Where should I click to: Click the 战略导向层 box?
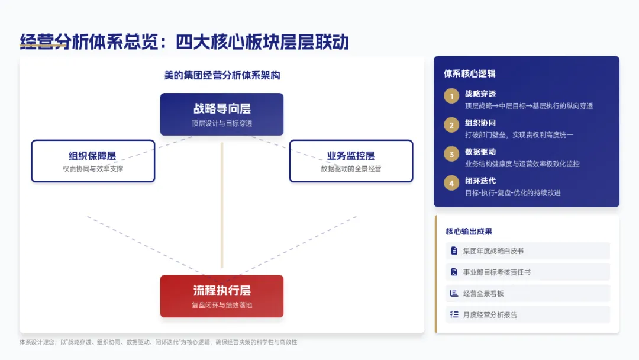(x=222, y=114)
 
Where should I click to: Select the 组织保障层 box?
(x=93, y=160)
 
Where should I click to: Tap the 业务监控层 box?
(x=351, y=160)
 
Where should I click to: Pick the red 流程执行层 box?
(x=222, y=295)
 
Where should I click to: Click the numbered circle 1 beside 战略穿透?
(x=451, y=97)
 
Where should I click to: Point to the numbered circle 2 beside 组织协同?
(x=451, y=126)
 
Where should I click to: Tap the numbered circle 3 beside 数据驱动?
(x=451, y=155)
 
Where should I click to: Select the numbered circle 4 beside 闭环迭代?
(x=451, y=184)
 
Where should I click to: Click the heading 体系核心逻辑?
(x=470, y=74)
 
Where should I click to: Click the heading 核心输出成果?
(x=469, y=232)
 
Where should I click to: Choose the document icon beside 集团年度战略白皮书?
(x=454, y=251)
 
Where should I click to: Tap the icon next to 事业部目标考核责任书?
(x=454, y=272)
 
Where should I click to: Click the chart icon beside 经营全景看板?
(x=454, y=294)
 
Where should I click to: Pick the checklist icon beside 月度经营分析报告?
(x=454, y=315)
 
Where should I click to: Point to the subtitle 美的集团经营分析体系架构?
(x=222, y=76)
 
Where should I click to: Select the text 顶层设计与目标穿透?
(x=222, y=124)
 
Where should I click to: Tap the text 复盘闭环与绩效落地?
(x=222, y=306)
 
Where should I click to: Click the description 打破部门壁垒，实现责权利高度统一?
(x=519, y=135)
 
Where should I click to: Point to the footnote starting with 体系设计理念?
(x=158, y=342)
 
